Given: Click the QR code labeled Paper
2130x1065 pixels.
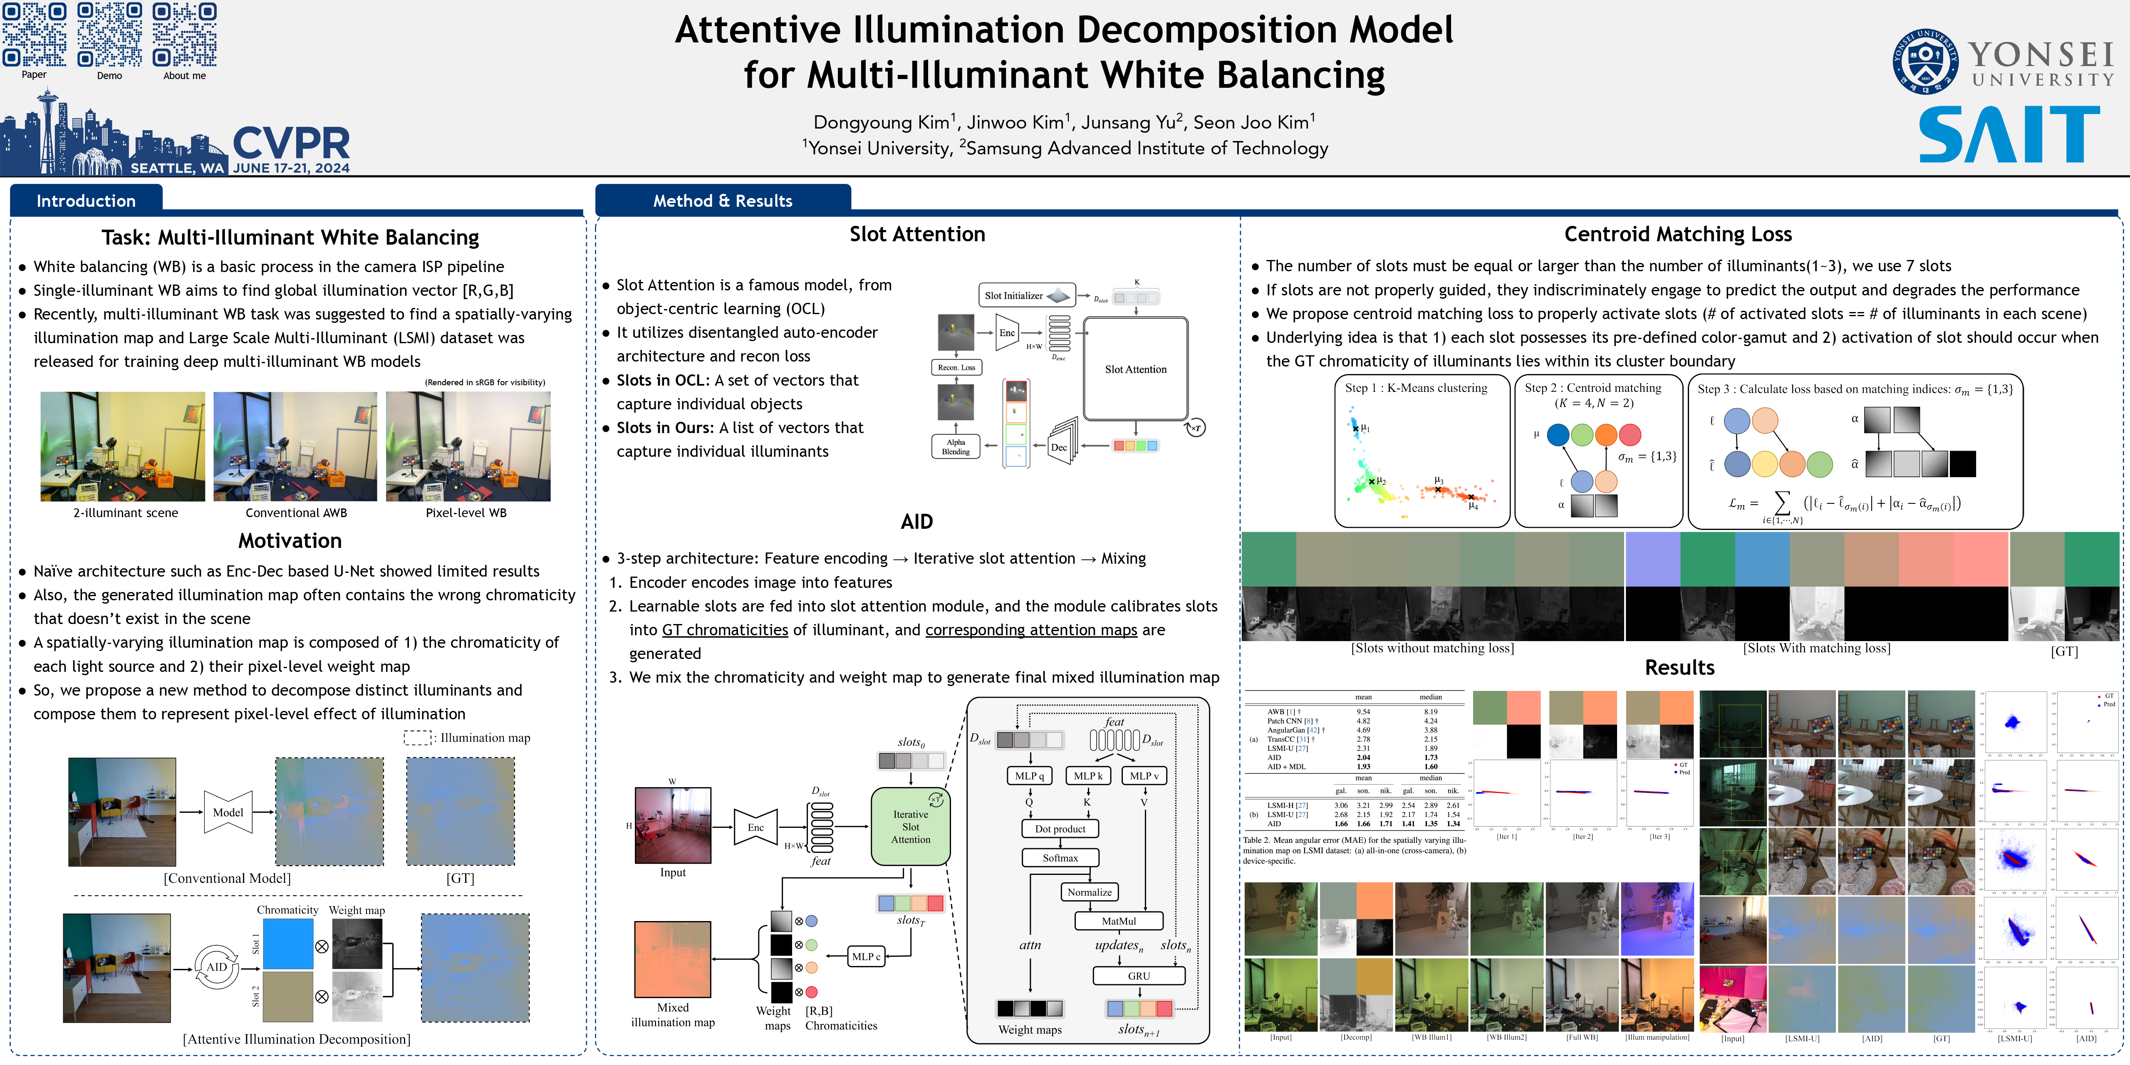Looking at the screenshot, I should pyautogui.click(x=34, y=35).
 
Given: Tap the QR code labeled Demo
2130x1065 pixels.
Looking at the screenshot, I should pyautogui.click(x=109, y=35).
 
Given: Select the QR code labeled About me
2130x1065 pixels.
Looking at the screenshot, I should pyautogui.click(x=184, y=35).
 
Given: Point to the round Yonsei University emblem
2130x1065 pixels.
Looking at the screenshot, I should pyautogui.click(x=1925, y=61).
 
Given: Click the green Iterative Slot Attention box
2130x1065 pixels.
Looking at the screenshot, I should pyautogui.click(x=910, y=827).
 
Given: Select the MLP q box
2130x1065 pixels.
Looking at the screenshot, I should pyautogui.click(x=1030, y=775).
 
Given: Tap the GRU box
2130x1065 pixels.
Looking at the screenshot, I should pyautogui.click(x=1139, y=976).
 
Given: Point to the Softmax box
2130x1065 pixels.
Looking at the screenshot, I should pyautogui.click(x=1060, y=857).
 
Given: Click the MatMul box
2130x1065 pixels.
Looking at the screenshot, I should pyautogui.click(x=1119, y=920).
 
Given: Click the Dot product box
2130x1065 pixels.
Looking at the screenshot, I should pyautogui.click(x=1060, y=829).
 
